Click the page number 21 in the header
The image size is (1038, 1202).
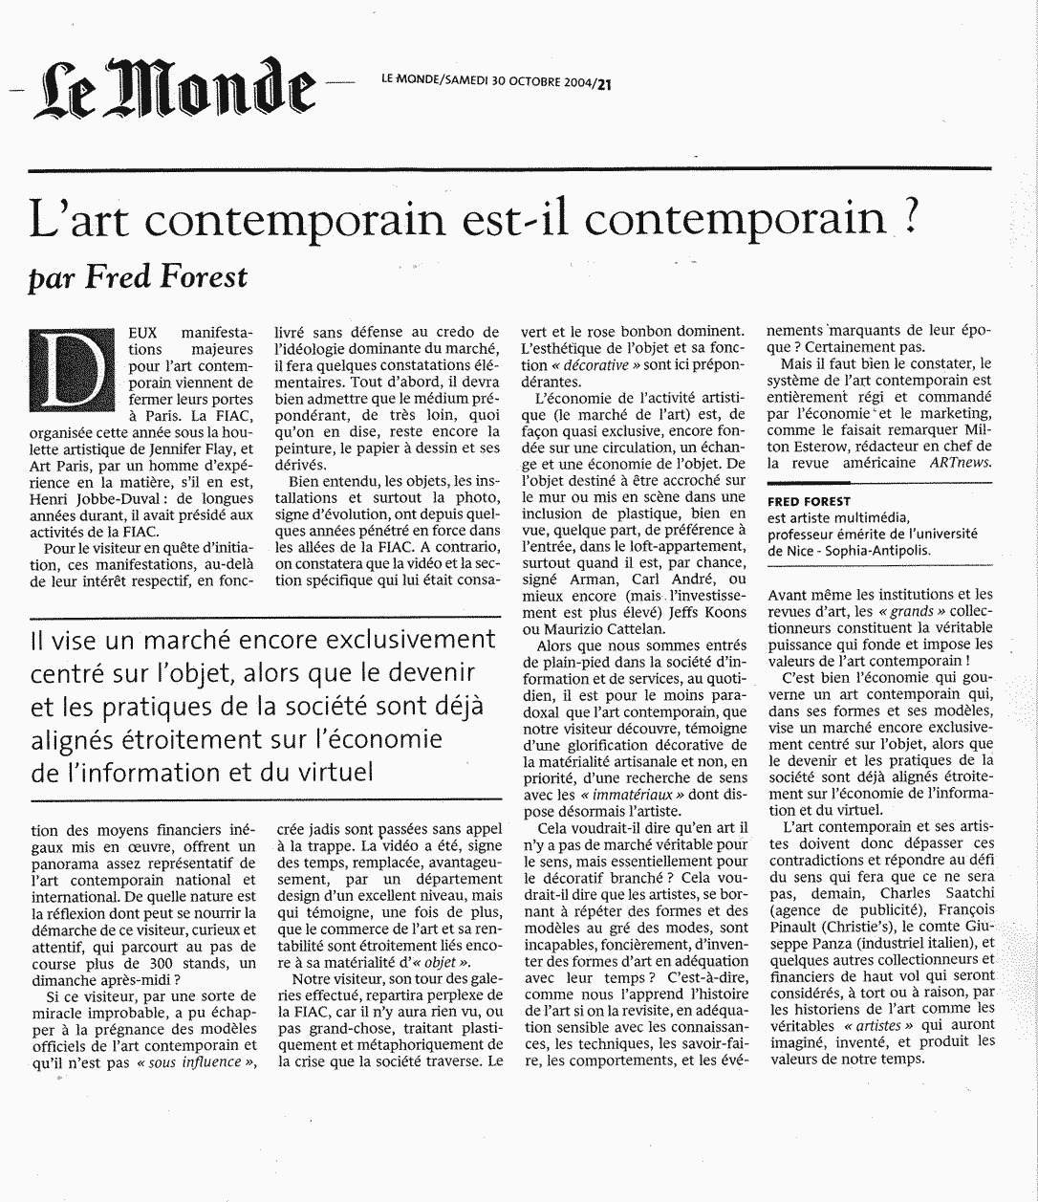pos(603,82)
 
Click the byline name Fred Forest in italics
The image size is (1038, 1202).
pos(166,276)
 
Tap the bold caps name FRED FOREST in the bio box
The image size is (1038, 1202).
pos(809,501)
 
